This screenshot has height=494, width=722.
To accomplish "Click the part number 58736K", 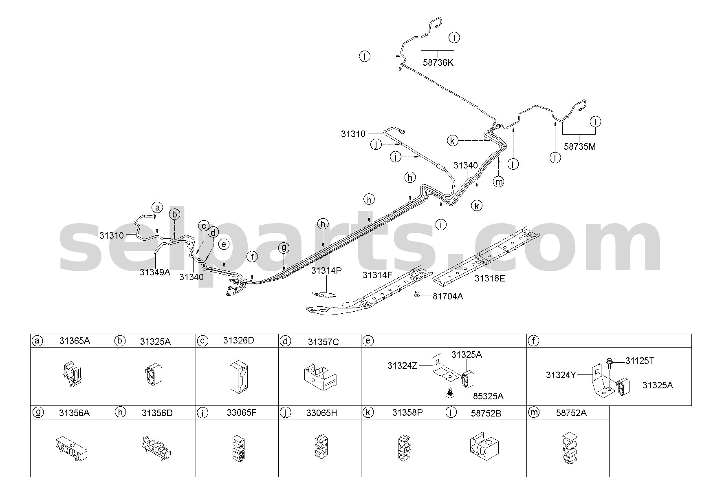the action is pyautogui.click(x=438, y=63).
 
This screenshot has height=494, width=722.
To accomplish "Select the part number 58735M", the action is pyautogui.click(x=580, y=146).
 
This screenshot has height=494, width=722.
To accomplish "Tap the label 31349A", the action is pyautogui.click(x=155, y=272).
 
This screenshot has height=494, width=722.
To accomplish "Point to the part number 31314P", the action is pyautogui.click(x=326, y=271).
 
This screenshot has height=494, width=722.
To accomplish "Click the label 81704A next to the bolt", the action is pyautogui.click(x=448, y=297).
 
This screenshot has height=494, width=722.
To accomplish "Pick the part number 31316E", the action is pyautogui.click(x=489, y=279).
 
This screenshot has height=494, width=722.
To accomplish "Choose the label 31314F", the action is pyautogui.click(x=377, y=275).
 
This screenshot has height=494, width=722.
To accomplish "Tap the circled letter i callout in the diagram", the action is pyautogui.click(x=441, y=224).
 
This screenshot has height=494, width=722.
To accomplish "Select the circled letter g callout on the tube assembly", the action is pyautogui.click(x=284, y=248).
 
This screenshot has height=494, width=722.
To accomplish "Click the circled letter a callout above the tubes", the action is pyautogui.click(x=157, y=208).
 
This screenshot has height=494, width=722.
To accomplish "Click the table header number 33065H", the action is pyautogui.click(x=322, y=413).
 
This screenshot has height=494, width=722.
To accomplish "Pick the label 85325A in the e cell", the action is pyautogui.click(x=488, y=396).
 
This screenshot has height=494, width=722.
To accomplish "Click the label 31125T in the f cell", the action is pyautogui.click(x=640, y=361).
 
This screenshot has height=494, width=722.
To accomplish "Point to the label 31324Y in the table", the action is pyautogui.click(x=561, y=375).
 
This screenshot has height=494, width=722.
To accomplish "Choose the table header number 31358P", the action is pyautogui.click(x=407, y=412).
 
